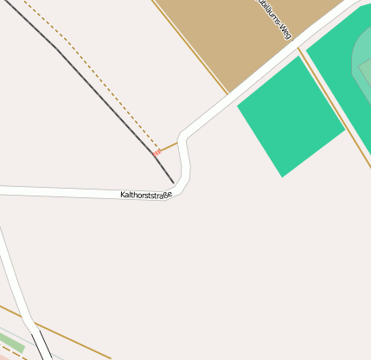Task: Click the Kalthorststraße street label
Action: [x=146, y=195]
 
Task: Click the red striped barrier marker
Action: [x=157, y=151]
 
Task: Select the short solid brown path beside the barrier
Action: [x=169, y=146]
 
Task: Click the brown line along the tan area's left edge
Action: [x=190, y=47]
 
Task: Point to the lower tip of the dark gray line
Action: [x=174, y=183]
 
